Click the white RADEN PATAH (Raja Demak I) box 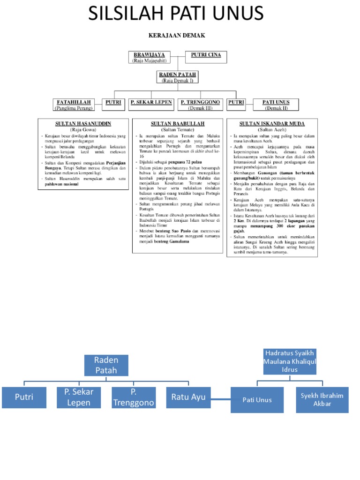178,77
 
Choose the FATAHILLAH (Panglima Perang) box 74,105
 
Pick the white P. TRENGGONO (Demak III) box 200,105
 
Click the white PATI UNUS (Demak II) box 276,105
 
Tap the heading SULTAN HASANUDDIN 83,123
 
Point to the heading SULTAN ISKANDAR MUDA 272,123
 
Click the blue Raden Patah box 106,365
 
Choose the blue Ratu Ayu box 188,397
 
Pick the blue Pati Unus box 257,399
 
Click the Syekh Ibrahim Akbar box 322,399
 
